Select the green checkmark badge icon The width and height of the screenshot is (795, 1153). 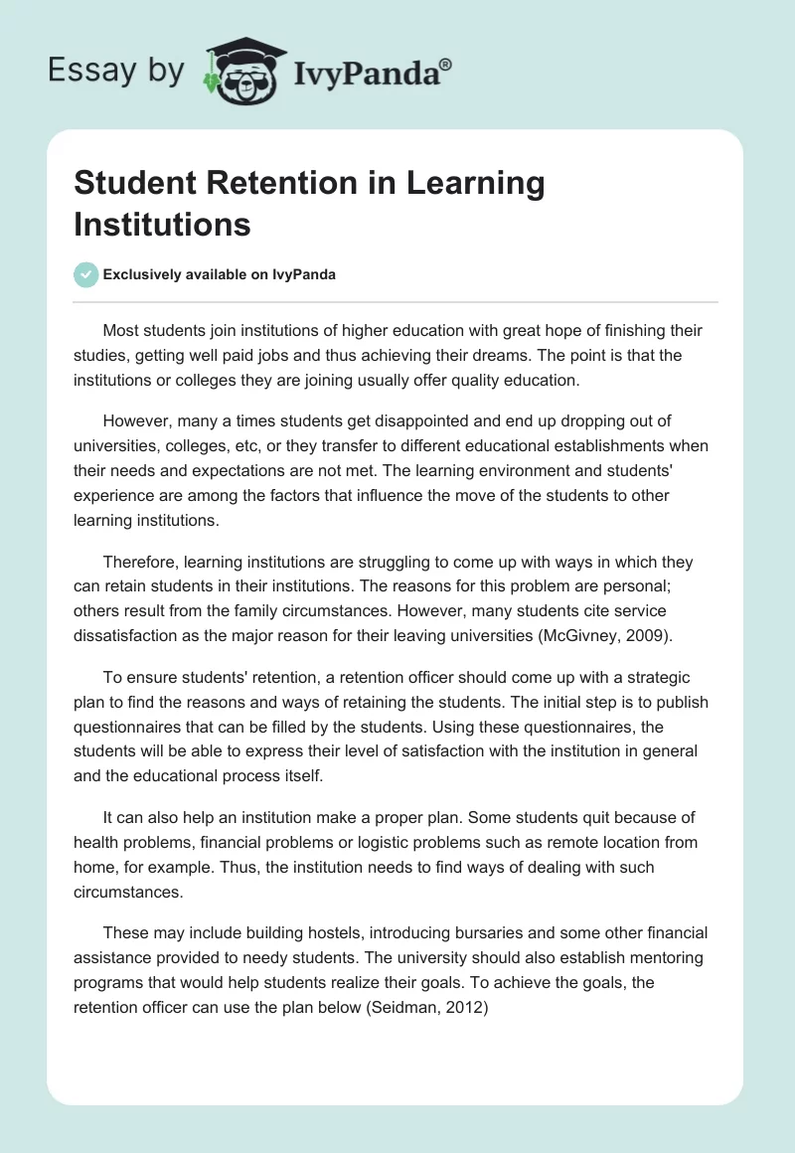(86, 274)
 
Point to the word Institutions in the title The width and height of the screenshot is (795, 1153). (162, 225)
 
